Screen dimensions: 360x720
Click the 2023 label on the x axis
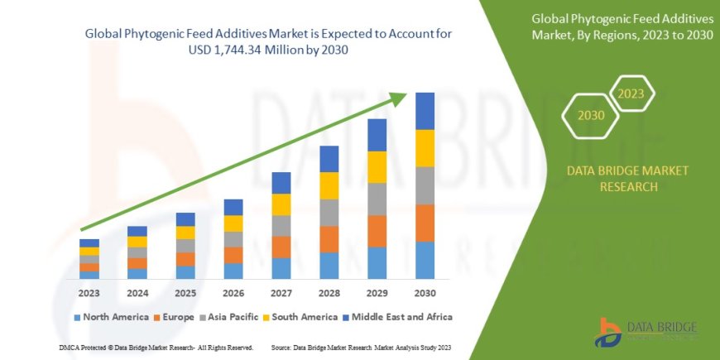point(89,293)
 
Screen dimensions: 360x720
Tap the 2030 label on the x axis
point(425,293)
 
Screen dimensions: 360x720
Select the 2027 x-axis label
point(281,293)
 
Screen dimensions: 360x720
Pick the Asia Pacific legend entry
point(234,317)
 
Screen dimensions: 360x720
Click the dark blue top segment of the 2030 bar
point(425,111)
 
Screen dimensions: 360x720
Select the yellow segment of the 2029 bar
point(377,167)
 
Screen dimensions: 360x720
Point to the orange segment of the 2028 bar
point(329,239)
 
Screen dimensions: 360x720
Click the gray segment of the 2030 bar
point(425,185)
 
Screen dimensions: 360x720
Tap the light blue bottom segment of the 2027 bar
point(281,268)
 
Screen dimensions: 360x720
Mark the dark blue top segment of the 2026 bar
point(233,207)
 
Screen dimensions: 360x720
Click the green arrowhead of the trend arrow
point(400,98)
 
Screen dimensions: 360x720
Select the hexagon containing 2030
point(591,115)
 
